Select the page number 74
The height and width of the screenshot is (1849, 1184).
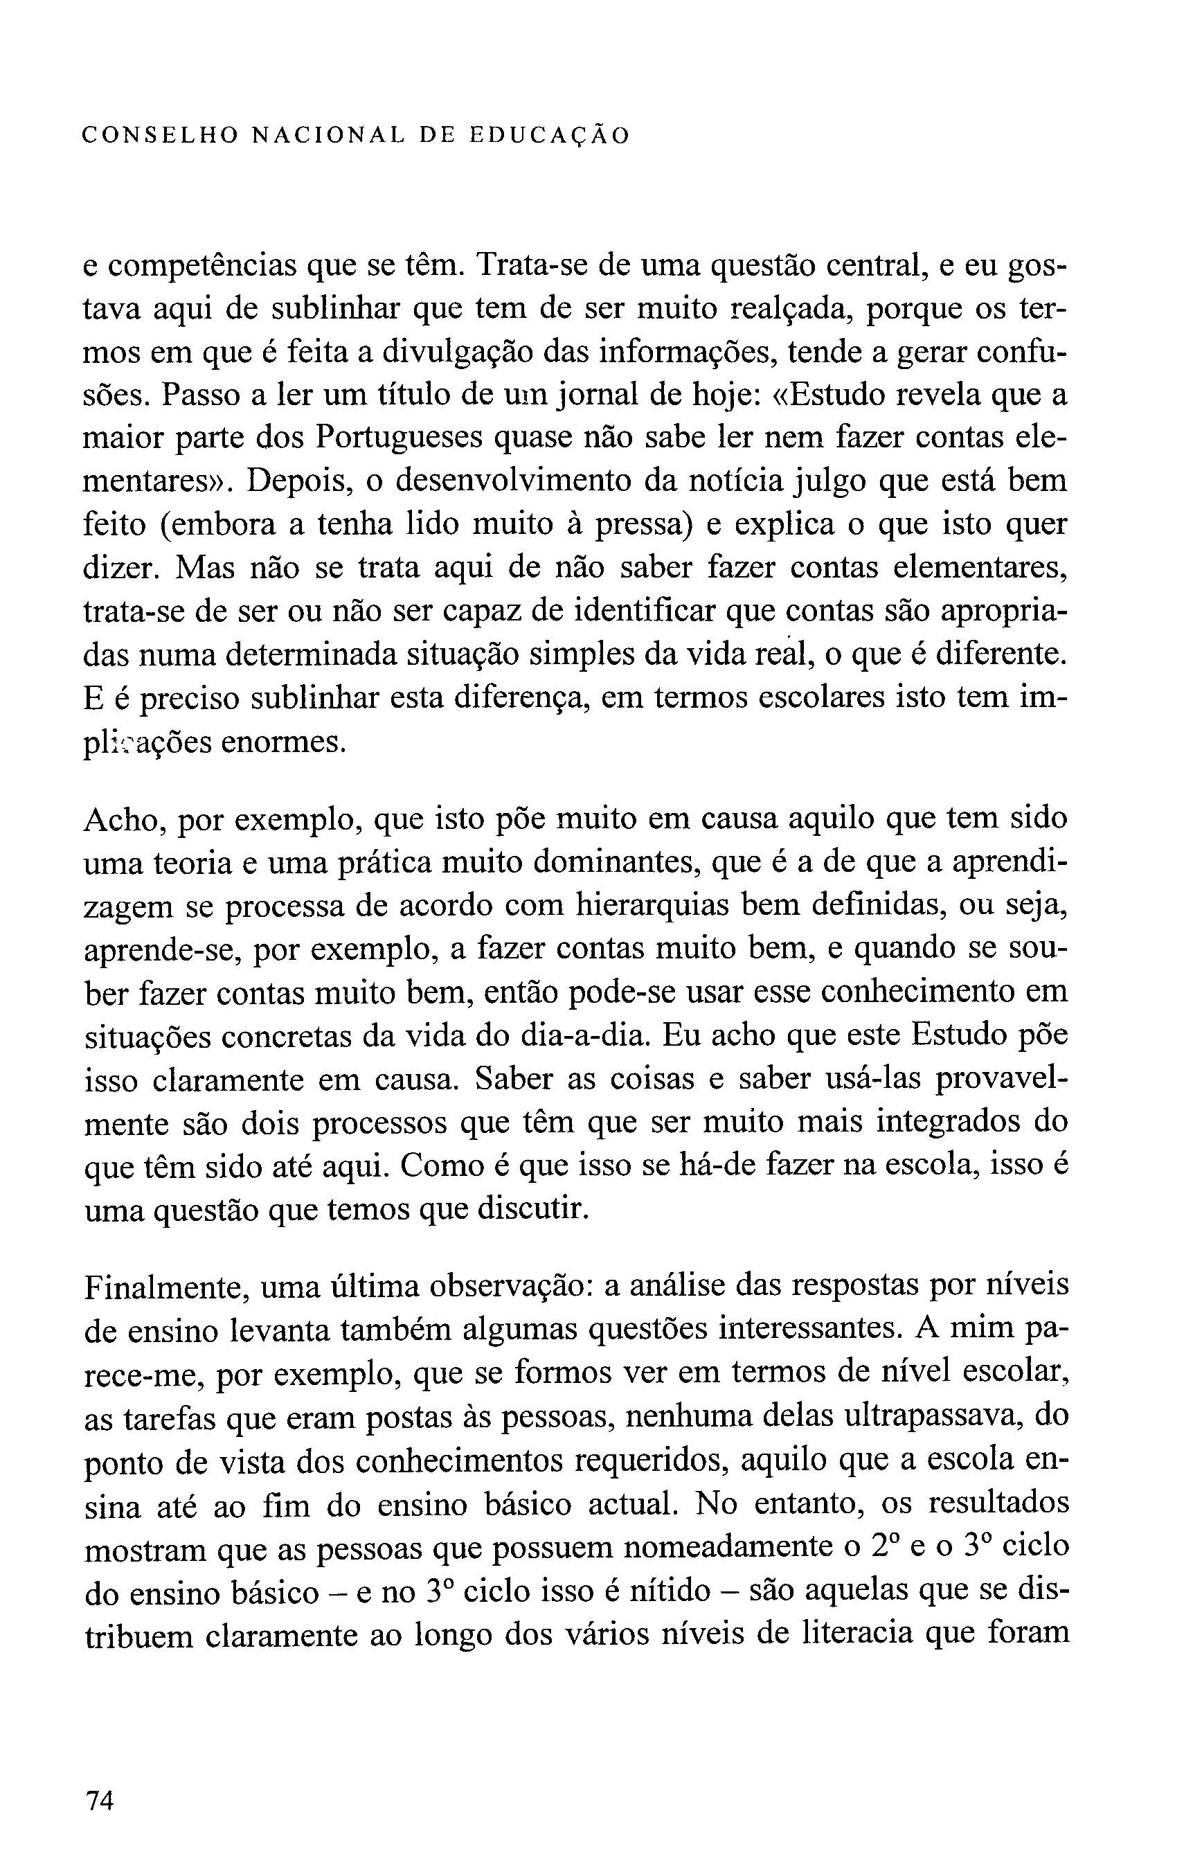tap(100, 1779)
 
